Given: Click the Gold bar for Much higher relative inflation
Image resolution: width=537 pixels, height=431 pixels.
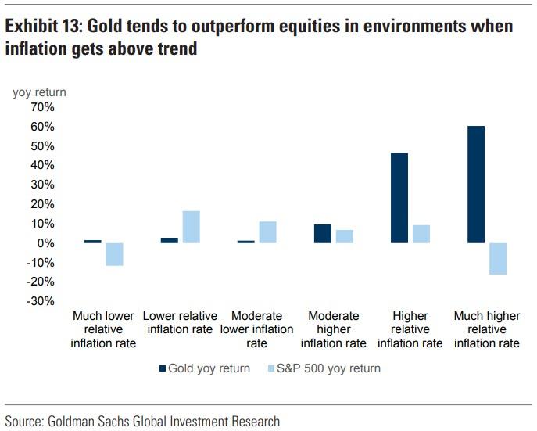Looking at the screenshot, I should (x=476, y=185).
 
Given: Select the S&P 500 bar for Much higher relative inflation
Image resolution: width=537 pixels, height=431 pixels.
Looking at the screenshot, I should (x=498, y=258).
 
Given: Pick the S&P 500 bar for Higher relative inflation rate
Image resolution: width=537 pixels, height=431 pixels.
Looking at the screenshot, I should (x=421, y=234).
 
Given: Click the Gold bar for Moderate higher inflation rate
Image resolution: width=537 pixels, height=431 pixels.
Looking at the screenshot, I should (x=323, y=234).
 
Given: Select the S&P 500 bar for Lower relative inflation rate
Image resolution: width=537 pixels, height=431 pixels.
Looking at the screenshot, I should (x=192, y=227).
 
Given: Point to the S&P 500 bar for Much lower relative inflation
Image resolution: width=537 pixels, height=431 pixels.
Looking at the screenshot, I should (x=115, y=254).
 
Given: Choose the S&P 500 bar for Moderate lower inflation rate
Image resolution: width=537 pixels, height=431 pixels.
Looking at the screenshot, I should (x=268, y=232).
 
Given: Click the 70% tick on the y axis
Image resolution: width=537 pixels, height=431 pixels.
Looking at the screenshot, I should (x=41, y=107).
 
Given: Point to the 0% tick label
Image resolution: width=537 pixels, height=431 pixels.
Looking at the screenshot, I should (x=45, y=243).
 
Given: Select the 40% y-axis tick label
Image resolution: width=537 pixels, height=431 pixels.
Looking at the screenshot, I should (x=41, y=165).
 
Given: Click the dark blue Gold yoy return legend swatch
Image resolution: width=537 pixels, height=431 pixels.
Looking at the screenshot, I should (x=162, y=368).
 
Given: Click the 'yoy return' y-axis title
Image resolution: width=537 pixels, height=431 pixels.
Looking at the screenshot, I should (x=39, y=92).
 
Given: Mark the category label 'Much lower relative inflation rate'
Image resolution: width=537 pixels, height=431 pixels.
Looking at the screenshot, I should (x=103, y=329).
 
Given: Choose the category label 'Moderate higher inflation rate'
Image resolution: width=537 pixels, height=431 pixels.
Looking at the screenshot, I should (x=334, y=329).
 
